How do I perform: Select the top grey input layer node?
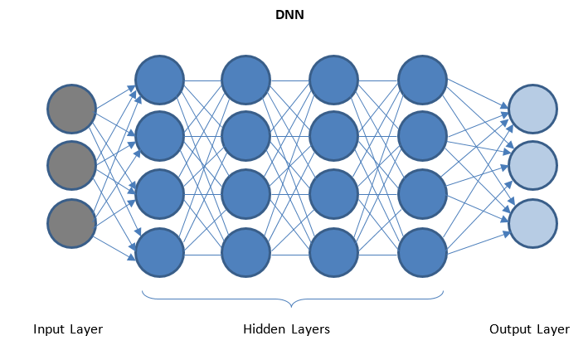pyautogui.click(x=71, y=109)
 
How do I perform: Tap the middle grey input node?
pyautogui.click(x=71, y=167)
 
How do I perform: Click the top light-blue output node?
pyautogui.click(x=532, y=109)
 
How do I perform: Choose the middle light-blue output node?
pyautogui.click(x=532, y=167)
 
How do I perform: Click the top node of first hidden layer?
pyautogui.click(x=159, y=80)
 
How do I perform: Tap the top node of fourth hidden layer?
pyautogui.click(x=422, y=80)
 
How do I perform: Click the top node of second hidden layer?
pyautogui.click(x=246, y=80)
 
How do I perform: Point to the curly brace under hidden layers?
pyautogui.click(x=291, y=299)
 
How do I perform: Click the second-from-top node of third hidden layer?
pyautogui.click(x=334, y=138)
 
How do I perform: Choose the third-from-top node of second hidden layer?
pyautogui.click(x=246, y=196)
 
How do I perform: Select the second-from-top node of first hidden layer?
pyautogui.click(x=159, y=138)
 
